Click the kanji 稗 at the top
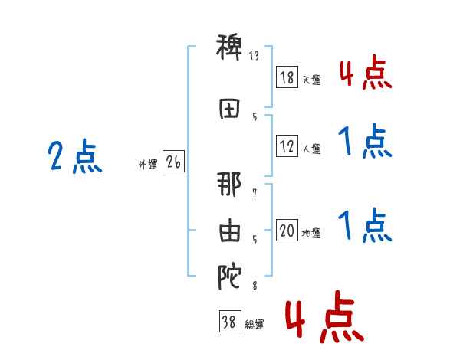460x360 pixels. pos(229,50)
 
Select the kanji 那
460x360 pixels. pos(229,185)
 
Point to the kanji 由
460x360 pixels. pos(229,232)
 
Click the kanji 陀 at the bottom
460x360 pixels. pos(229,278)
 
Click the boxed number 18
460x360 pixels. pos(286,77)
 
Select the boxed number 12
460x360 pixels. pos(286,146)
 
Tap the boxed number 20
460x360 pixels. pos(286,231)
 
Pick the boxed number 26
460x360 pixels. pos(173,162)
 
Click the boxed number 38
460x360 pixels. pos(229,322)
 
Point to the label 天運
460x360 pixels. pos(311,80)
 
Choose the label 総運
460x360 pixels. pos(254,325)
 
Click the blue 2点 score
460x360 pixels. pos(74,159)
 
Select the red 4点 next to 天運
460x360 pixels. pos(365,72)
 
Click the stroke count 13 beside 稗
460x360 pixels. pos(255,55)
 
